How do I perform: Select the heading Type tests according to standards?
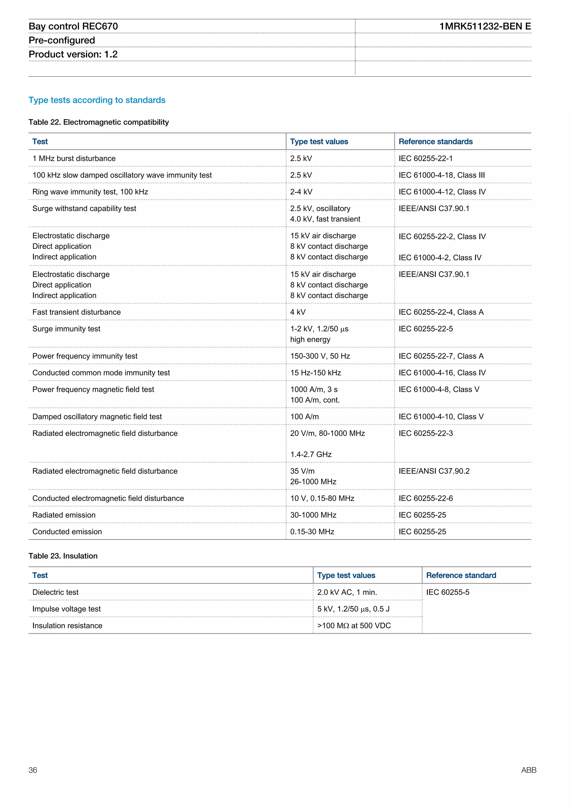click(x=97, y=100)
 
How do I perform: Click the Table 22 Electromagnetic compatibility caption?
click(x=99, y=122)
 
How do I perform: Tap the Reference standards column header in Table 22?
click(x=435, y=141)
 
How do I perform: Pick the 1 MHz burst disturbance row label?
click(x=74, y=158)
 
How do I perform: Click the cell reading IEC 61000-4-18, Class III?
click(x=441, y=175)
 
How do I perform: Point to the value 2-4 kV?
click(x=301, y=192)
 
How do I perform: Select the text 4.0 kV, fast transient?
click(x=325, y=219)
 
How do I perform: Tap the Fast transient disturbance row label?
click(x=77, y=312)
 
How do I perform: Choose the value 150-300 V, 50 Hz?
click(x=320, y=356)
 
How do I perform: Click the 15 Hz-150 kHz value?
click(x=315, y=373)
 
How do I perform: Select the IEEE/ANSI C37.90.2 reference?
click(x=434, y=471)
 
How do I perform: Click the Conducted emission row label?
click(x=67, y=532)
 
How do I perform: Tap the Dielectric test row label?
click(x=55, y=592)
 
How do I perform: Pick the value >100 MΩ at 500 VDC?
click(x=354, y=626)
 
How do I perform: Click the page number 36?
click(x=33, y=770)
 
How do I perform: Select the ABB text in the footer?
click(x=528, y=770)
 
